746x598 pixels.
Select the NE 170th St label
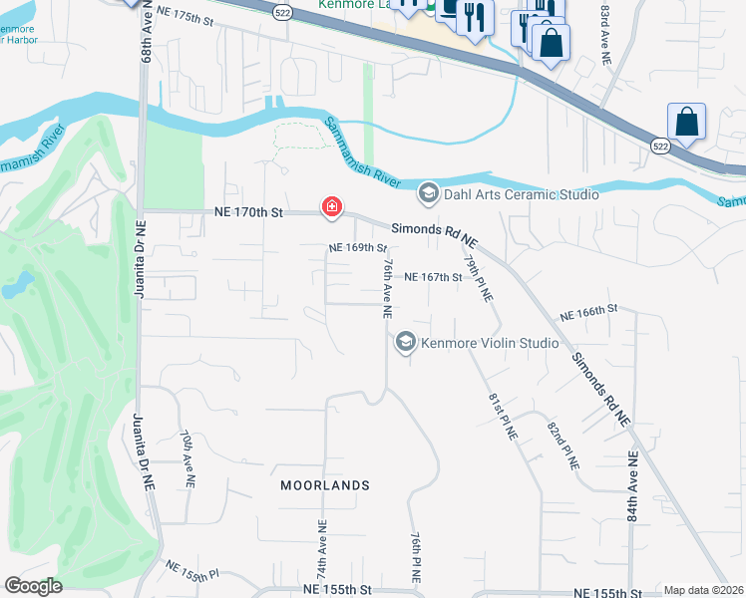pos(249,212)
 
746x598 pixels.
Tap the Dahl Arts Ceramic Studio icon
pos(429,193)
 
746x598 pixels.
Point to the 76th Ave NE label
pos(387,287)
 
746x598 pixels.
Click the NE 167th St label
pos(433,277)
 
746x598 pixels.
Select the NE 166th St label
pos(596,313)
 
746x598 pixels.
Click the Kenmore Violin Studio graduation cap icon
pos(405,343)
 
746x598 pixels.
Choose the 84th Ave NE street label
pos(632,487)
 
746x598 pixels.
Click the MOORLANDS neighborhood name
pos(325,485)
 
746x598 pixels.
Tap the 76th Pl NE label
pos(416,555)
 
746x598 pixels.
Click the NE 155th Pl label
pos(191,570)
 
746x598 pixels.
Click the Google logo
pos(34,585)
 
